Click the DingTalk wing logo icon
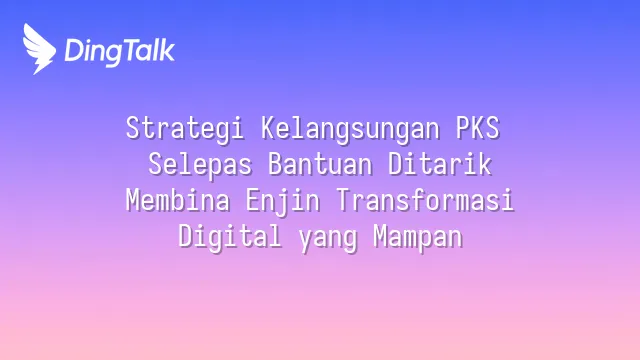[39, 49]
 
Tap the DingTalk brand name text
[120, 52]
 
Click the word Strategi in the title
[185, 129]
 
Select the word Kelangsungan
[351, 129]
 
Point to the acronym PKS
[478, 128]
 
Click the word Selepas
[200, 164]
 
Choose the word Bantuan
[320, 164]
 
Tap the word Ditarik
[440, 164]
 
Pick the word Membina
[178, 200]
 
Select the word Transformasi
[425, 200]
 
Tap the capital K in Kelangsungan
[269, 128]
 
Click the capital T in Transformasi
[344, 200]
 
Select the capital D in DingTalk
[74, 51]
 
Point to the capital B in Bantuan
[276, 164]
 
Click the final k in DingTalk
[167, 50]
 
